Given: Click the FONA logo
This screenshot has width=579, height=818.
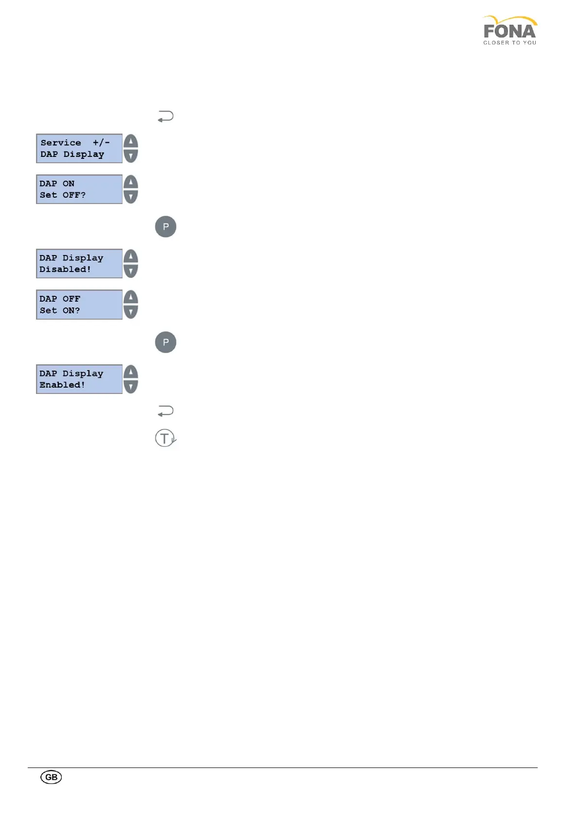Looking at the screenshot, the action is click(x=509, y=30).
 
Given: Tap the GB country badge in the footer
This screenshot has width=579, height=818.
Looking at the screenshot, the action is click(x=51, y=777).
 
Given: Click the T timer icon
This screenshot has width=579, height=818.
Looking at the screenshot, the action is click(x=165, y=438).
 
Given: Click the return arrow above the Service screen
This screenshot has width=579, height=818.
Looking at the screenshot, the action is click(x=165, y=117).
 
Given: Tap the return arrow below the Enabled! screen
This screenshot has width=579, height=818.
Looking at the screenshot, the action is click(x=165, y=411).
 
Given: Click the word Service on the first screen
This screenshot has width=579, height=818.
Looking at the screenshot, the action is click(x=61, y=143).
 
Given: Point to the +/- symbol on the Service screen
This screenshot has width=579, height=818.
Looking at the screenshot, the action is click(x=101, y=143).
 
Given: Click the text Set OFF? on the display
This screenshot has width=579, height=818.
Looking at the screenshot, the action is click(x=63, y=195).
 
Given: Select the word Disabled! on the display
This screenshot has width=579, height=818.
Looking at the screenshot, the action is click(x=65, y=270).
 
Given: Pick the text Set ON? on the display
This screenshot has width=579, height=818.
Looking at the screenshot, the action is click(x=60, y=310).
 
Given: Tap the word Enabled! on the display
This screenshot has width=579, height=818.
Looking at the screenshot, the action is click(x=62, y=385).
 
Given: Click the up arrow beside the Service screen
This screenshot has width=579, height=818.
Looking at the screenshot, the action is click(x=131, y=141).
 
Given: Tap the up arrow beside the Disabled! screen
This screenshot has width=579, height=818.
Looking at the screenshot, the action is click(x=131, y=256).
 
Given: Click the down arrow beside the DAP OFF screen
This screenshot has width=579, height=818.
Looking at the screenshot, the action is click(x=131, y=311).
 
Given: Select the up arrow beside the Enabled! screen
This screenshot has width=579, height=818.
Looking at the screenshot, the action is click(x=131, y=372).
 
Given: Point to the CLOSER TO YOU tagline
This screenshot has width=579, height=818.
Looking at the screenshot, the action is click(x=509, y=43).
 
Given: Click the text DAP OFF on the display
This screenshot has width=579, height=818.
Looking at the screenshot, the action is click(x=60, y=299).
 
